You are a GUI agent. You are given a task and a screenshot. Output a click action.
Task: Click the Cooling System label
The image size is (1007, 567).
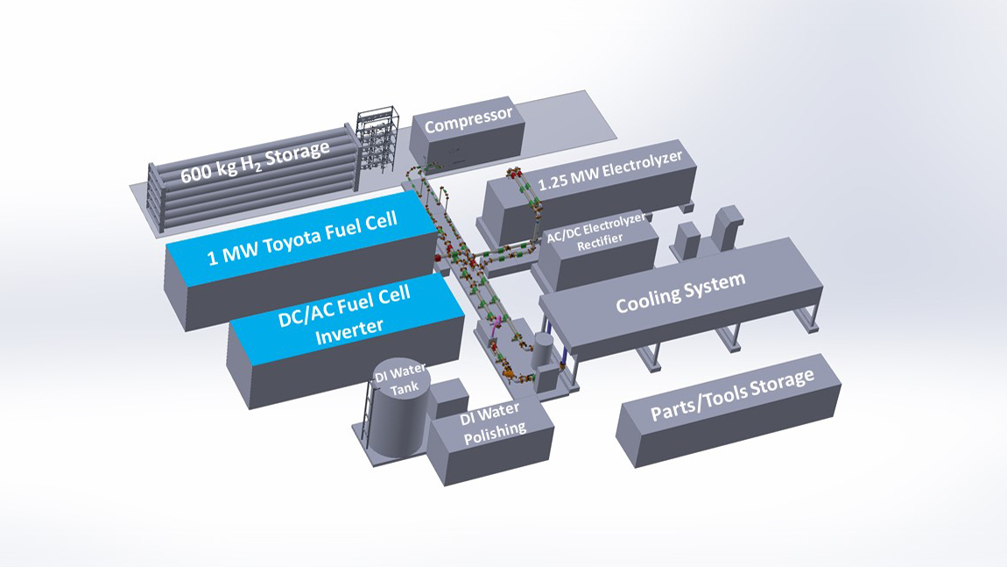[680, 292]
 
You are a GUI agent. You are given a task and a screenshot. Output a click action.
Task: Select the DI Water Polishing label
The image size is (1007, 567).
[492, 419]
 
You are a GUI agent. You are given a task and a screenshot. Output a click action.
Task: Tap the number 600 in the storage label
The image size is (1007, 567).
[197, 171]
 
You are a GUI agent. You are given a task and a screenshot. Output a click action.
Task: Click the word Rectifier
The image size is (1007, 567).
[604, 245]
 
